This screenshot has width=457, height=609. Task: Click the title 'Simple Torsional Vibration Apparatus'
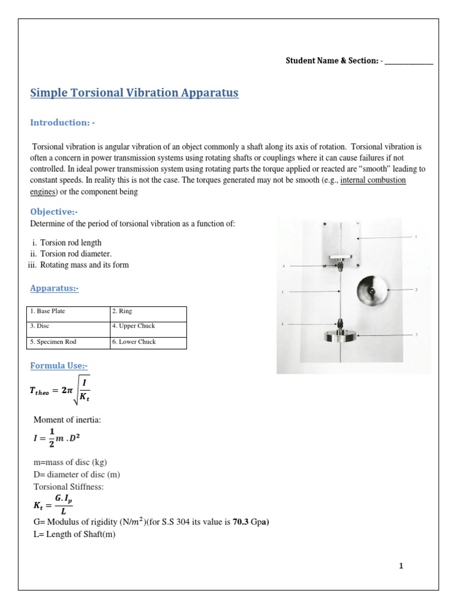click(134, 93)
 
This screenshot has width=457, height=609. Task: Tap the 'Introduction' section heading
click(62, 123)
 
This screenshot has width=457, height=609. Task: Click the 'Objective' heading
click(54, 212)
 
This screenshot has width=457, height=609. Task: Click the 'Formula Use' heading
click(59, 366)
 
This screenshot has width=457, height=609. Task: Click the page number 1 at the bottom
click(401, 566)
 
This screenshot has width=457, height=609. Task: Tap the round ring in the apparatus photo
click(371, 290)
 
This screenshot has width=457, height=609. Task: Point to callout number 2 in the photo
click(416, 289)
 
